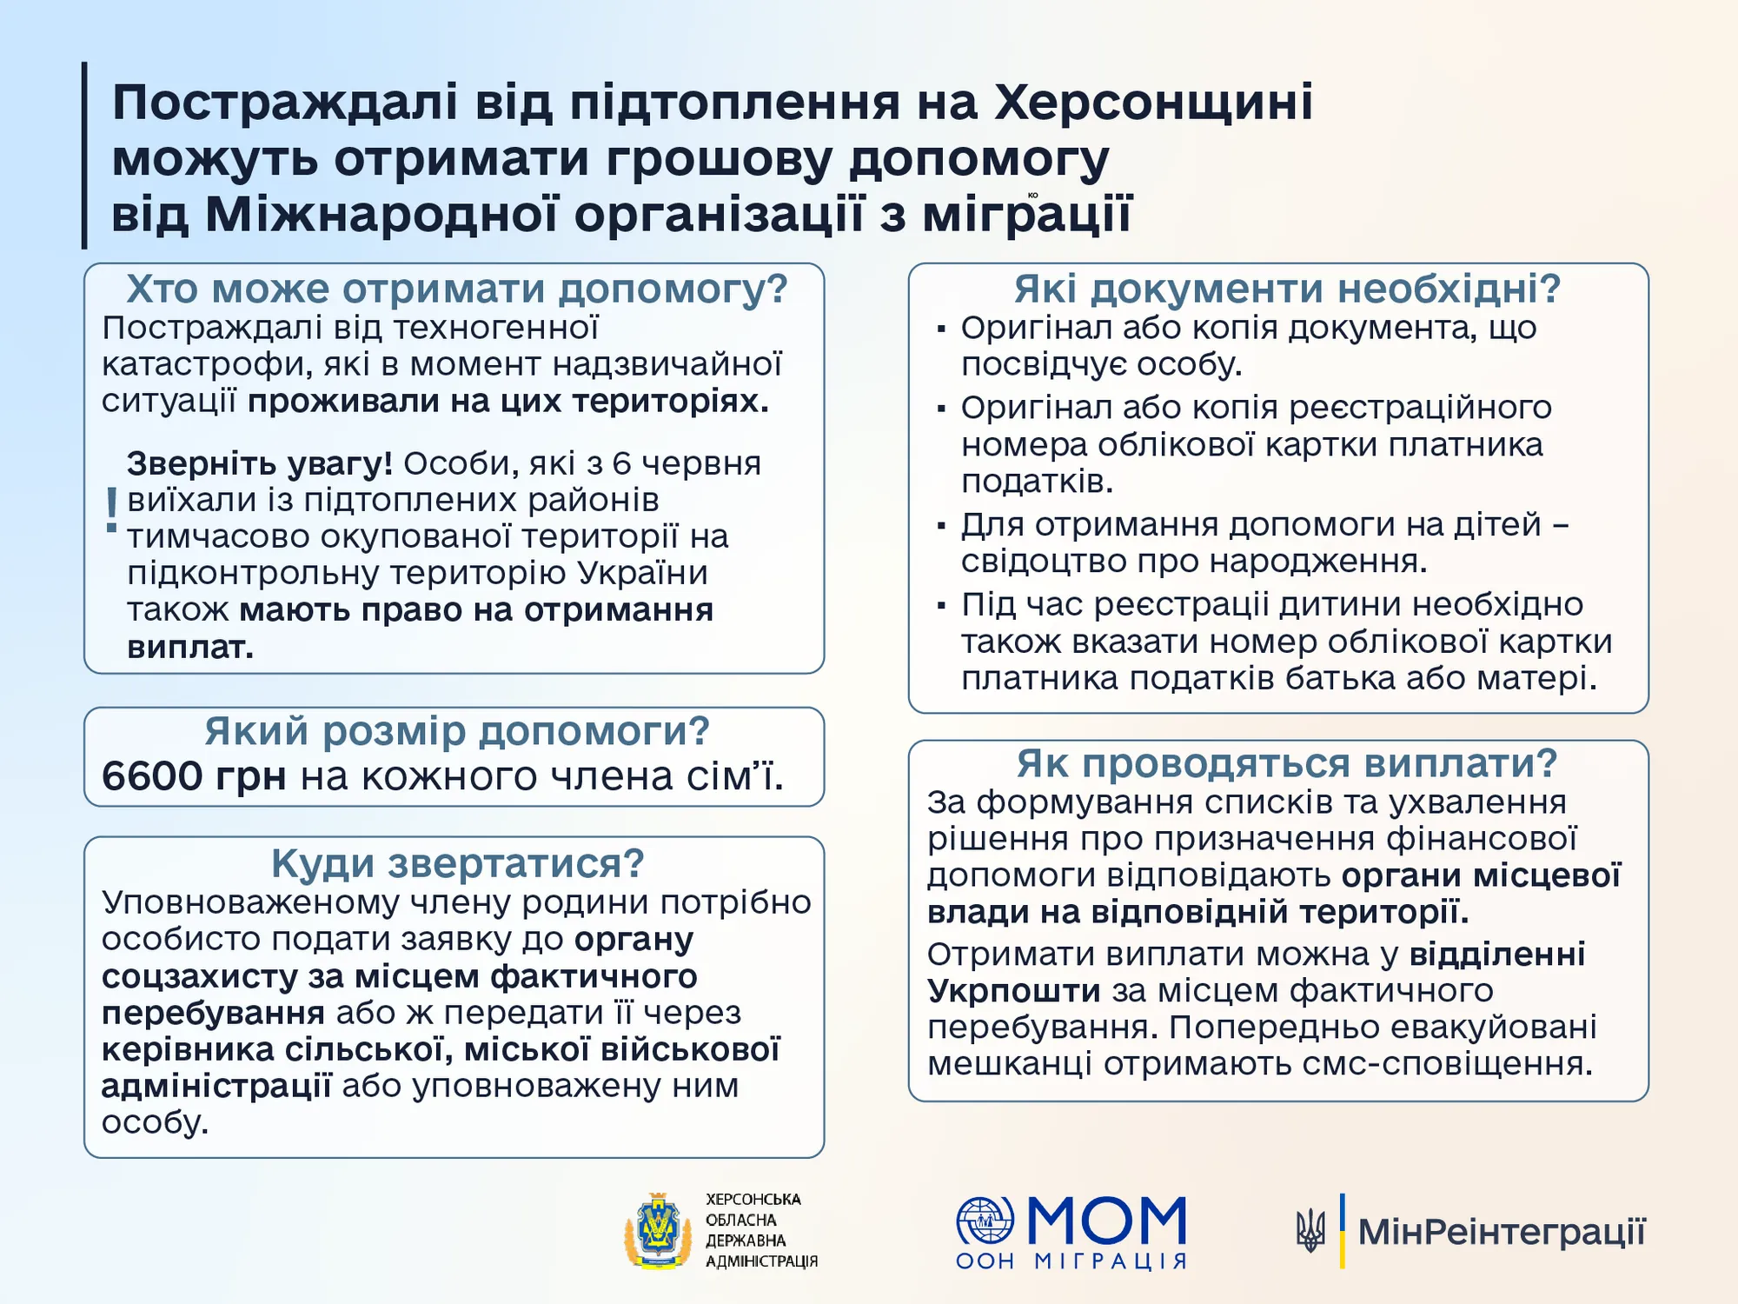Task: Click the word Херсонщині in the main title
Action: (1153, 103)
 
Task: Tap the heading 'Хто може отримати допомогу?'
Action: (456, 289)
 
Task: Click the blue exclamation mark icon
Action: (111, 510)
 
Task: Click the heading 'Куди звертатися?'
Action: (457, 863)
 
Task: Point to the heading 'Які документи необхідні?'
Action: (1287, 289)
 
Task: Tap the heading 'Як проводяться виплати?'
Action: (1287, 764)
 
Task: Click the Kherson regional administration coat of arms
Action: (658, 1230)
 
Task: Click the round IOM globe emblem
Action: (985, 1221)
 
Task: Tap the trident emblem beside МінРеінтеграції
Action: (1310, 1231)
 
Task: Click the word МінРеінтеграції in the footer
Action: (1502, 1232)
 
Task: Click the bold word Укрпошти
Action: (1013, 991)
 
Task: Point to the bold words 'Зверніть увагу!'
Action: (259, 464)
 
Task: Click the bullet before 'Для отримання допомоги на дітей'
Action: (941, 526)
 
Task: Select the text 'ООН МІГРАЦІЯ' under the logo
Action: (1071, 1261)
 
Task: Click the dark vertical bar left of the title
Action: (85, 156)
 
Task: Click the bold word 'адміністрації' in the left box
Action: (216, 1086)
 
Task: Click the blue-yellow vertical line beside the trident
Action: (1343, 1231)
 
